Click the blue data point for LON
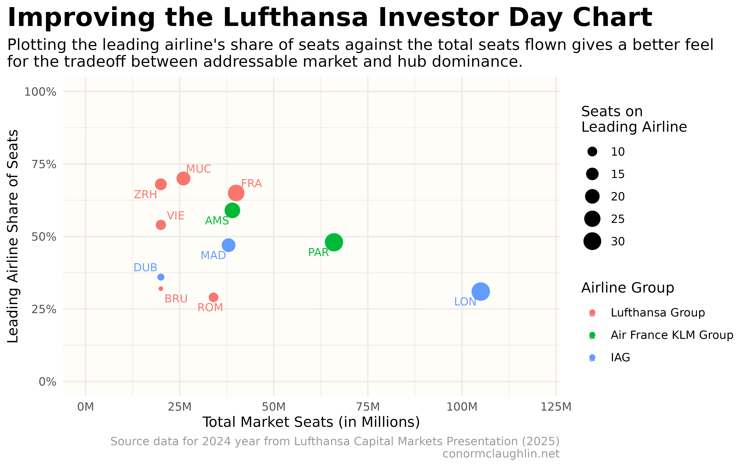click(480, 291)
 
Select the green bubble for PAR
click(333, 242)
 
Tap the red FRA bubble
click(236, 193)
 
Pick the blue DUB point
click(161, 277)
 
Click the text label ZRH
click(145, 195)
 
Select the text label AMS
click(217, 221)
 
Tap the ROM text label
click(210, 308)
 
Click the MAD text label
click(213, 255)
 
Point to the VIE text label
click(176, 216)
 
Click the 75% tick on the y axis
click(44, 164)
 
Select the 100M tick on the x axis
click(462, 407)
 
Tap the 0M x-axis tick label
click(86, 407)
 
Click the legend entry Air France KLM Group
click(672, 335)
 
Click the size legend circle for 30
click(592, 241)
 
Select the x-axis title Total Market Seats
click(311, 422)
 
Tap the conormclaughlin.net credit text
click(501, 454)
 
